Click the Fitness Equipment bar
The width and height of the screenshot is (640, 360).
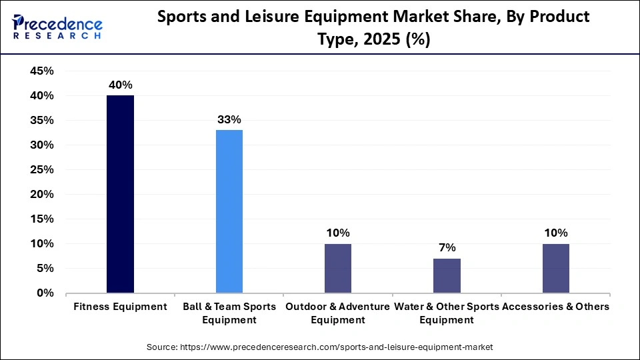pos(121,194)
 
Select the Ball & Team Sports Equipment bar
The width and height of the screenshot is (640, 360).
pos(229,211)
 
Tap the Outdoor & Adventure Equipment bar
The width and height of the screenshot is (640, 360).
pos(338,268)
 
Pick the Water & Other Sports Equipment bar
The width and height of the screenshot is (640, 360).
pos(447,275)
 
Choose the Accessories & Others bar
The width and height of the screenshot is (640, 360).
pos(555,268)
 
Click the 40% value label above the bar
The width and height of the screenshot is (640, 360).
pos(121,85)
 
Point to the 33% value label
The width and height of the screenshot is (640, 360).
pos(229,120)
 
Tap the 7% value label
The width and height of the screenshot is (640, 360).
pos(447,248)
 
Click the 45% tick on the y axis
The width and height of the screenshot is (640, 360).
pos(42,71)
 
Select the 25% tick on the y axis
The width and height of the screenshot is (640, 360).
pos(42,170)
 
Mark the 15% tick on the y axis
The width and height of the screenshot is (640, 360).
pos(42,219)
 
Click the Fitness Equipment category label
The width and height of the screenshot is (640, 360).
pos(121,307)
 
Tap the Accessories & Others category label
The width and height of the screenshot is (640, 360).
pos(555,307)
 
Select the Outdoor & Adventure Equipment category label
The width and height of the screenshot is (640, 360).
pos(338,313)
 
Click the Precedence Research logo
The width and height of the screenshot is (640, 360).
pos(57,27)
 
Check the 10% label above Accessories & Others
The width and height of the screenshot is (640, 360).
pos(555,233)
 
